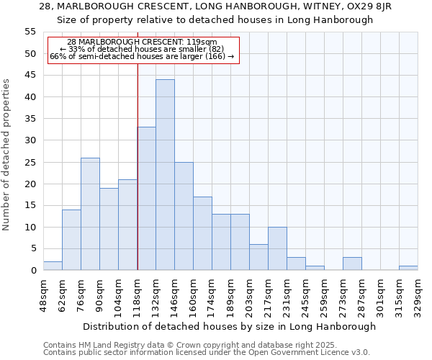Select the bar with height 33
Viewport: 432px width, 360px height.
click(x=146, y=199)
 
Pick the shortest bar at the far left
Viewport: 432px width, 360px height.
click(x=53, y=266)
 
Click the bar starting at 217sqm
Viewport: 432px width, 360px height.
click(x=277, y=248)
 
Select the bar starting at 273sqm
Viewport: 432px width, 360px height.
click(x=352, y=264)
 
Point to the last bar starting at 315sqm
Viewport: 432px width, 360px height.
click(x=408, y=268)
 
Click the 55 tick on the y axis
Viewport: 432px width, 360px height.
click(x=30, y=32)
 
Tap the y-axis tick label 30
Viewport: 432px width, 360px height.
click(x=30, y=140)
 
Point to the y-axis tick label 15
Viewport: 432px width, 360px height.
click(x=30, y=205)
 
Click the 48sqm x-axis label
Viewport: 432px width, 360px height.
click(x=43, y=295)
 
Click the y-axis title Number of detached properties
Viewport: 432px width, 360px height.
click(x=7, y=154)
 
